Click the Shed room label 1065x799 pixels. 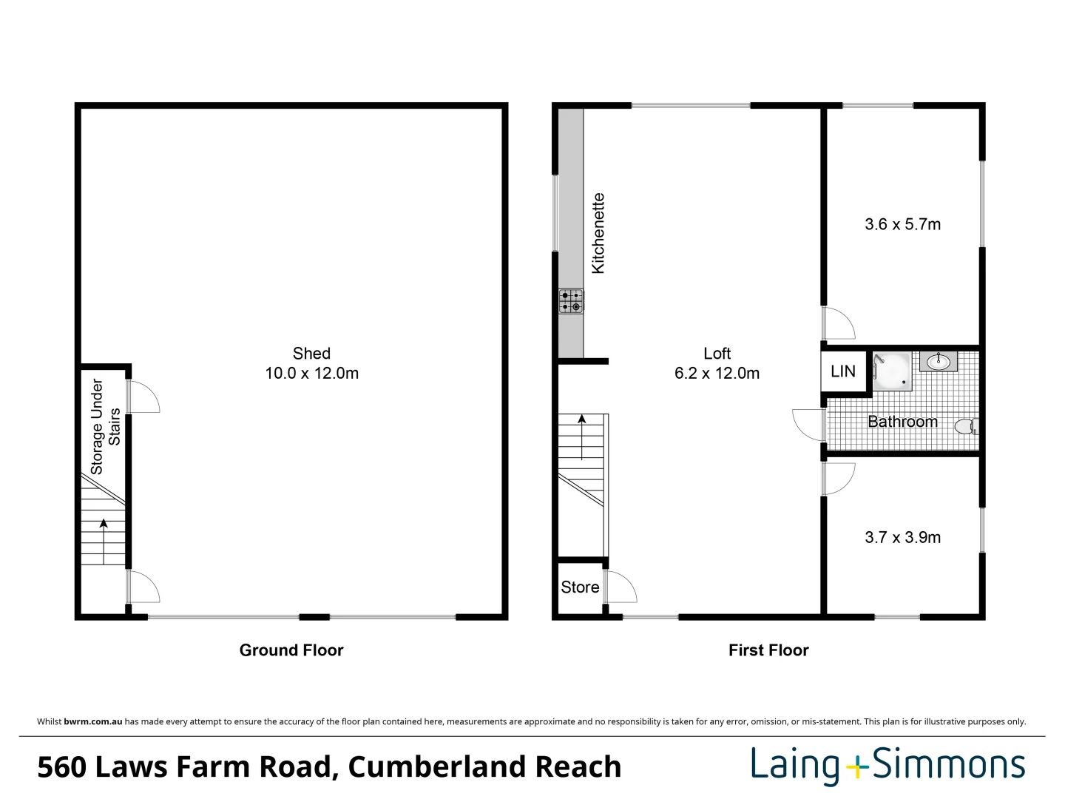click(311, 354)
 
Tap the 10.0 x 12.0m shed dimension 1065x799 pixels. click(311, 374)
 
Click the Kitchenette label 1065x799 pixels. click(598, 234)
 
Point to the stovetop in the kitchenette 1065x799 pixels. click(571, 300)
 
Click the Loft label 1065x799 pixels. click(717, 354)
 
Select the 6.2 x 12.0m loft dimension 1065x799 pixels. click(717, 374)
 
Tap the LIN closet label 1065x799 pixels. click(842, 371)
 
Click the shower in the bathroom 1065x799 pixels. click(891, 371)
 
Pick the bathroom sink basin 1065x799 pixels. click(939, 362)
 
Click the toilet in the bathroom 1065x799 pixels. click(965, 426)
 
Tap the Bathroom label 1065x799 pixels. click(902, 422)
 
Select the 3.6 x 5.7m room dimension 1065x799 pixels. click(902, 224)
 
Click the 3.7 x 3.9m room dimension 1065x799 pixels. click(902, 538)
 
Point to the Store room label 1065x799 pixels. click(580, 587)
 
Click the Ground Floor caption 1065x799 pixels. click(291, 650)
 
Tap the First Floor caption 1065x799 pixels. click(768, 650)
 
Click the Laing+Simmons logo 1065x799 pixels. click(887, 765)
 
